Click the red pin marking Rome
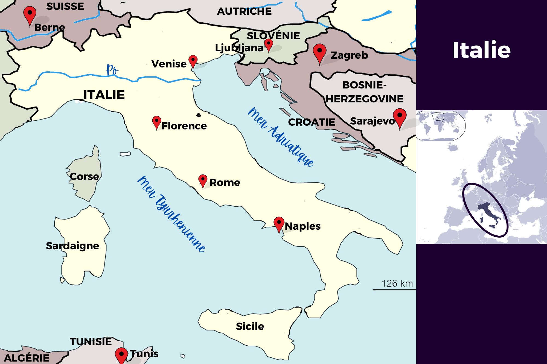[x=203, y=180]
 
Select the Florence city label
[x=184, y=126]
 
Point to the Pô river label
[x=112, y=69]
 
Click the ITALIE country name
[x=104, y=95]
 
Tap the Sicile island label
[x=250, y=326]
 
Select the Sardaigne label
[x=72, y=246]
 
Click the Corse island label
[x=84, y=176]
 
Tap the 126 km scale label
[x=397, y=283]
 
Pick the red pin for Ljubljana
[x=269, y=45]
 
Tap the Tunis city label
[x=144, y=354]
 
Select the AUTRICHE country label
[x=244, y=11]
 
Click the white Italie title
[x=481, y=50]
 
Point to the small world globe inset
[x=441, y=126]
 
